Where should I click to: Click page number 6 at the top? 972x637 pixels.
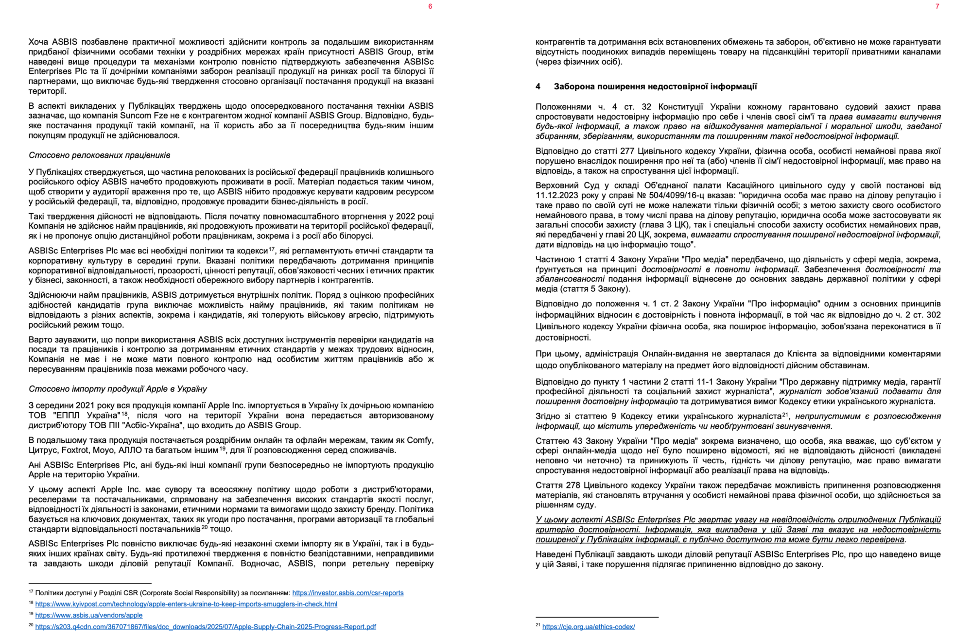pyautogui.click(x=430, y=6)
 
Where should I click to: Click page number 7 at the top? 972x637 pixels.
pyautogui.click(x=937, y=6)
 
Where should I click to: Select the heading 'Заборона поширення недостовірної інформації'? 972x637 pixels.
pyautogui.click(x=655, y=87)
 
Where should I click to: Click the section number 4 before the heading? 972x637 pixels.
pyautogui.click(x=538, y=87)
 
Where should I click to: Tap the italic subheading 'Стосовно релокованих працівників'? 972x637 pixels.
pyautogui.click(x=99, y=155)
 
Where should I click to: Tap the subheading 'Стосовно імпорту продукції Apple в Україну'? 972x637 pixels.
pyautogui.click(x=118, y=389)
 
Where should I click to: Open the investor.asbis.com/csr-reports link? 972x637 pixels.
pyautogui.click(x=347, y=593)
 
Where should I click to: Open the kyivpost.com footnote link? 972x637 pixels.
pyautogui.click(x=186, y=604)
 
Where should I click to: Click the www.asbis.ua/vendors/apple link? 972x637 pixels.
pyautogui.click(x=89, y=615)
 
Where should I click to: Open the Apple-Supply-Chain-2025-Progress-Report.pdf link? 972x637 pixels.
pyautogui.click(x=206, y=627)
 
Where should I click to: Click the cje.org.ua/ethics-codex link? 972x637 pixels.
pyautogui.click(x=589, y=627)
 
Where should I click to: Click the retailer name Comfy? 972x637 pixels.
pyautogui.click(x=419, y=440)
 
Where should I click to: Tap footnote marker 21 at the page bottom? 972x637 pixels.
pyautogui.click(x=538, y=625)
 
